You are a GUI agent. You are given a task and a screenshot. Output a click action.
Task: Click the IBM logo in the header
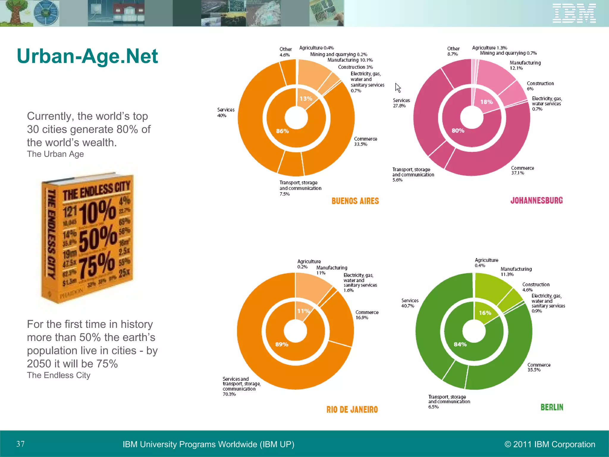click(574, 13)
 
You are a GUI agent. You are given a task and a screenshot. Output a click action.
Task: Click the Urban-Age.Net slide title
click(87, 56)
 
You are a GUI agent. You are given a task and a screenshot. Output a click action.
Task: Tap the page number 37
click(20, 444)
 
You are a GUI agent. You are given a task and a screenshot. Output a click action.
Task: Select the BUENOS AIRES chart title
click(355, 201)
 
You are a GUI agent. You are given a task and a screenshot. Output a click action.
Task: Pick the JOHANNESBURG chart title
click(536, 201)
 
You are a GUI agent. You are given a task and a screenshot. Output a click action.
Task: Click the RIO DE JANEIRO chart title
click(352, 410)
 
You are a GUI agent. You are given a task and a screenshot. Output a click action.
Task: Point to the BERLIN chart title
click(552, 407)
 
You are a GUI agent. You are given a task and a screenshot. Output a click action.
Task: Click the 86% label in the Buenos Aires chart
click(282, 131)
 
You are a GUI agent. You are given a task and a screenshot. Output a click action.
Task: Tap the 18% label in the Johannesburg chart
click(486, 102)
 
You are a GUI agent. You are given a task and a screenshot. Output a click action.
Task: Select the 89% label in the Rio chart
click(282, 345)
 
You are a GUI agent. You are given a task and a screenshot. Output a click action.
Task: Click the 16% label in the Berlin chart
click(485, 313)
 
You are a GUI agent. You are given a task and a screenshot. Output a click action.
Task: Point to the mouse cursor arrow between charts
click(398, 88)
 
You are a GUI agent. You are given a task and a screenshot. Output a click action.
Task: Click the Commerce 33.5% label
click(365, 142)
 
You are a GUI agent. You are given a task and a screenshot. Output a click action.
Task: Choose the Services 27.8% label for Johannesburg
click(401, 103)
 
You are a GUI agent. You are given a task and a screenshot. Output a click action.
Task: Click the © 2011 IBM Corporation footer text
click(550, 444)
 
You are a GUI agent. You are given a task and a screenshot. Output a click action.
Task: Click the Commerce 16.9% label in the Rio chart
click(367, 315)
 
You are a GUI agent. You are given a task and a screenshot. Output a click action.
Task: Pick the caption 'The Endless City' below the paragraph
click(59, 375)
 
